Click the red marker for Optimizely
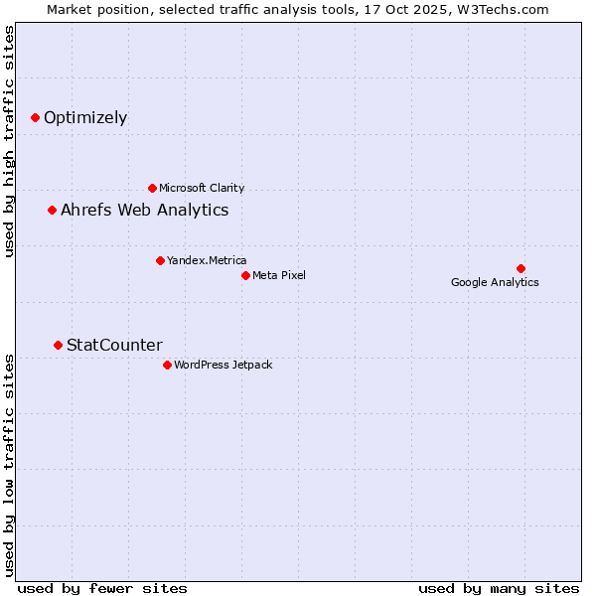click(36, 117)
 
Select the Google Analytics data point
click(521, 268)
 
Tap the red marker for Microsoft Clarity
click(152, 188)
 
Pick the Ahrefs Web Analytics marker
click(53, 210)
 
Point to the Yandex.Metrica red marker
click(160, 260)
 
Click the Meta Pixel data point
click(245, 275)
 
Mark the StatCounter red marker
click(59, 345)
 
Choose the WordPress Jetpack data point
click(167, 365)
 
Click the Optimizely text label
click(85, 118)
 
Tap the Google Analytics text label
click(495, 282)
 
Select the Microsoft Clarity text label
click(202, 188)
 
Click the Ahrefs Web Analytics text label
click(145, 211)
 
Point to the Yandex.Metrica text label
click(207, 260)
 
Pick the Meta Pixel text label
click(279, 275)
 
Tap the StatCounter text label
click(114, 346)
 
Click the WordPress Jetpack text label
click(223, 365)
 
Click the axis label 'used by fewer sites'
click(102, 588)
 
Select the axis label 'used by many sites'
click(499, 588)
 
